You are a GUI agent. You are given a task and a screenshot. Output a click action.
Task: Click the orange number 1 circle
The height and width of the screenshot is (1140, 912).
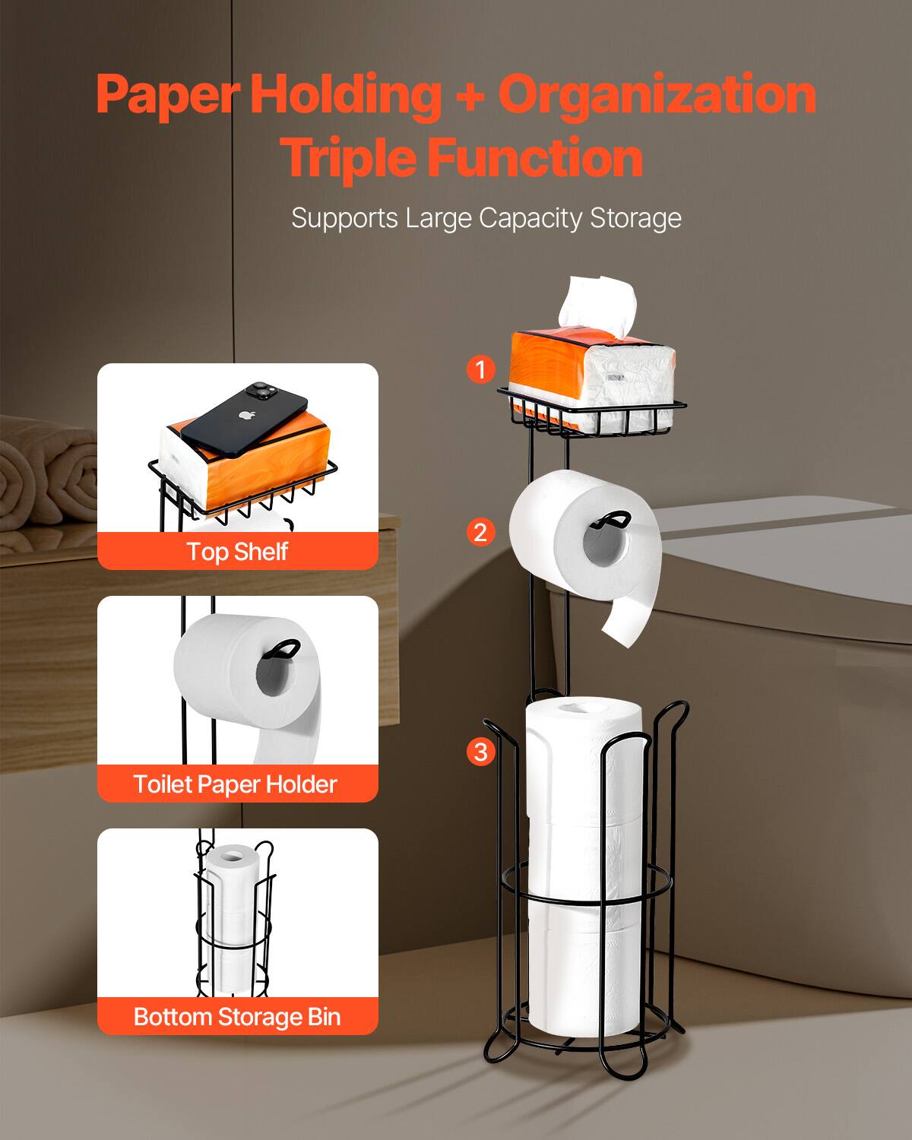[480, 370]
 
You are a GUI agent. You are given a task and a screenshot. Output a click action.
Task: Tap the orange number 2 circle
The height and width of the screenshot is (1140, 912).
[480, 532]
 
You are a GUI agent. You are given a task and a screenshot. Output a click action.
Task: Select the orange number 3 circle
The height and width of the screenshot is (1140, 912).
[480, 752]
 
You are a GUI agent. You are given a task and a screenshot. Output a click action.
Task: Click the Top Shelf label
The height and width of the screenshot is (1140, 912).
[237, 551]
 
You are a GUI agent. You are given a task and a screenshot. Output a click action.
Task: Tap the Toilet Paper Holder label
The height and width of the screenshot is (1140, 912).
[235, 784]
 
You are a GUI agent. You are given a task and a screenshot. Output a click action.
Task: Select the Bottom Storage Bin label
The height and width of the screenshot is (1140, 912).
[237, 1016]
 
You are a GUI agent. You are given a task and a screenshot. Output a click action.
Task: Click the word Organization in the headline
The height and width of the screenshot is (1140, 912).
[657, 95]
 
